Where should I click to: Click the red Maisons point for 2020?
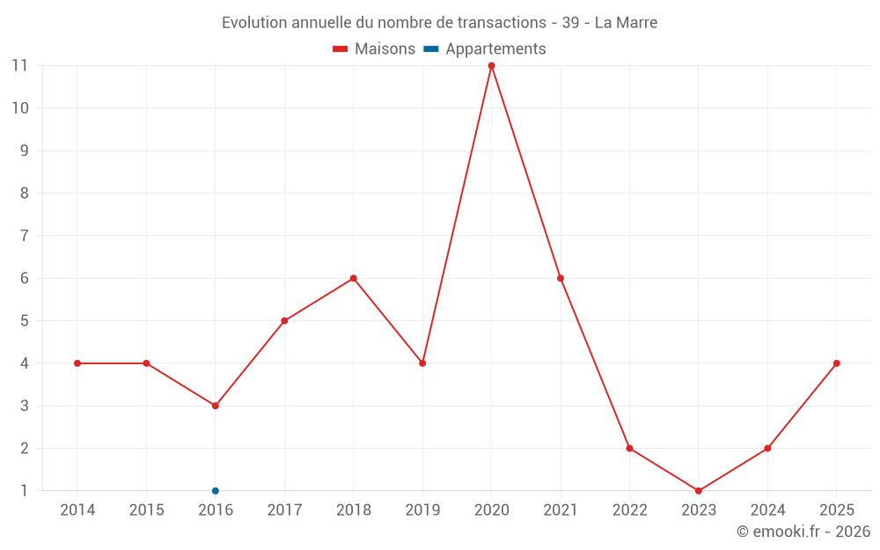492,66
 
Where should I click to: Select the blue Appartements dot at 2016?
216,491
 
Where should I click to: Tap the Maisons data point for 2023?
699,491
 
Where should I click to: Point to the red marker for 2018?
354,278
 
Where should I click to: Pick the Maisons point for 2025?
837,363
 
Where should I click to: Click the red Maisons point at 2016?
216,406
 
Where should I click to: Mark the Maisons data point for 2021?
561,278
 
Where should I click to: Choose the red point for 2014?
77,363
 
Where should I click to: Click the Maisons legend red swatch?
340,49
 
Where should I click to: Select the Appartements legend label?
495,49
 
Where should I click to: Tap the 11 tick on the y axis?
19,66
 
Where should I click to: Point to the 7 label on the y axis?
24,236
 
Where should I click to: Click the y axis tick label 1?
24,491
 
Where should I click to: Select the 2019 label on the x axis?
422,510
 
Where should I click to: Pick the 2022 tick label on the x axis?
630,510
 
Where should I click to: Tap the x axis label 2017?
284,510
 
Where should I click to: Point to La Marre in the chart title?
626,23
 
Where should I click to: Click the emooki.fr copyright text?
803,532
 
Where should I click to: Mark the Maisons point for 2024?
767,449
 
